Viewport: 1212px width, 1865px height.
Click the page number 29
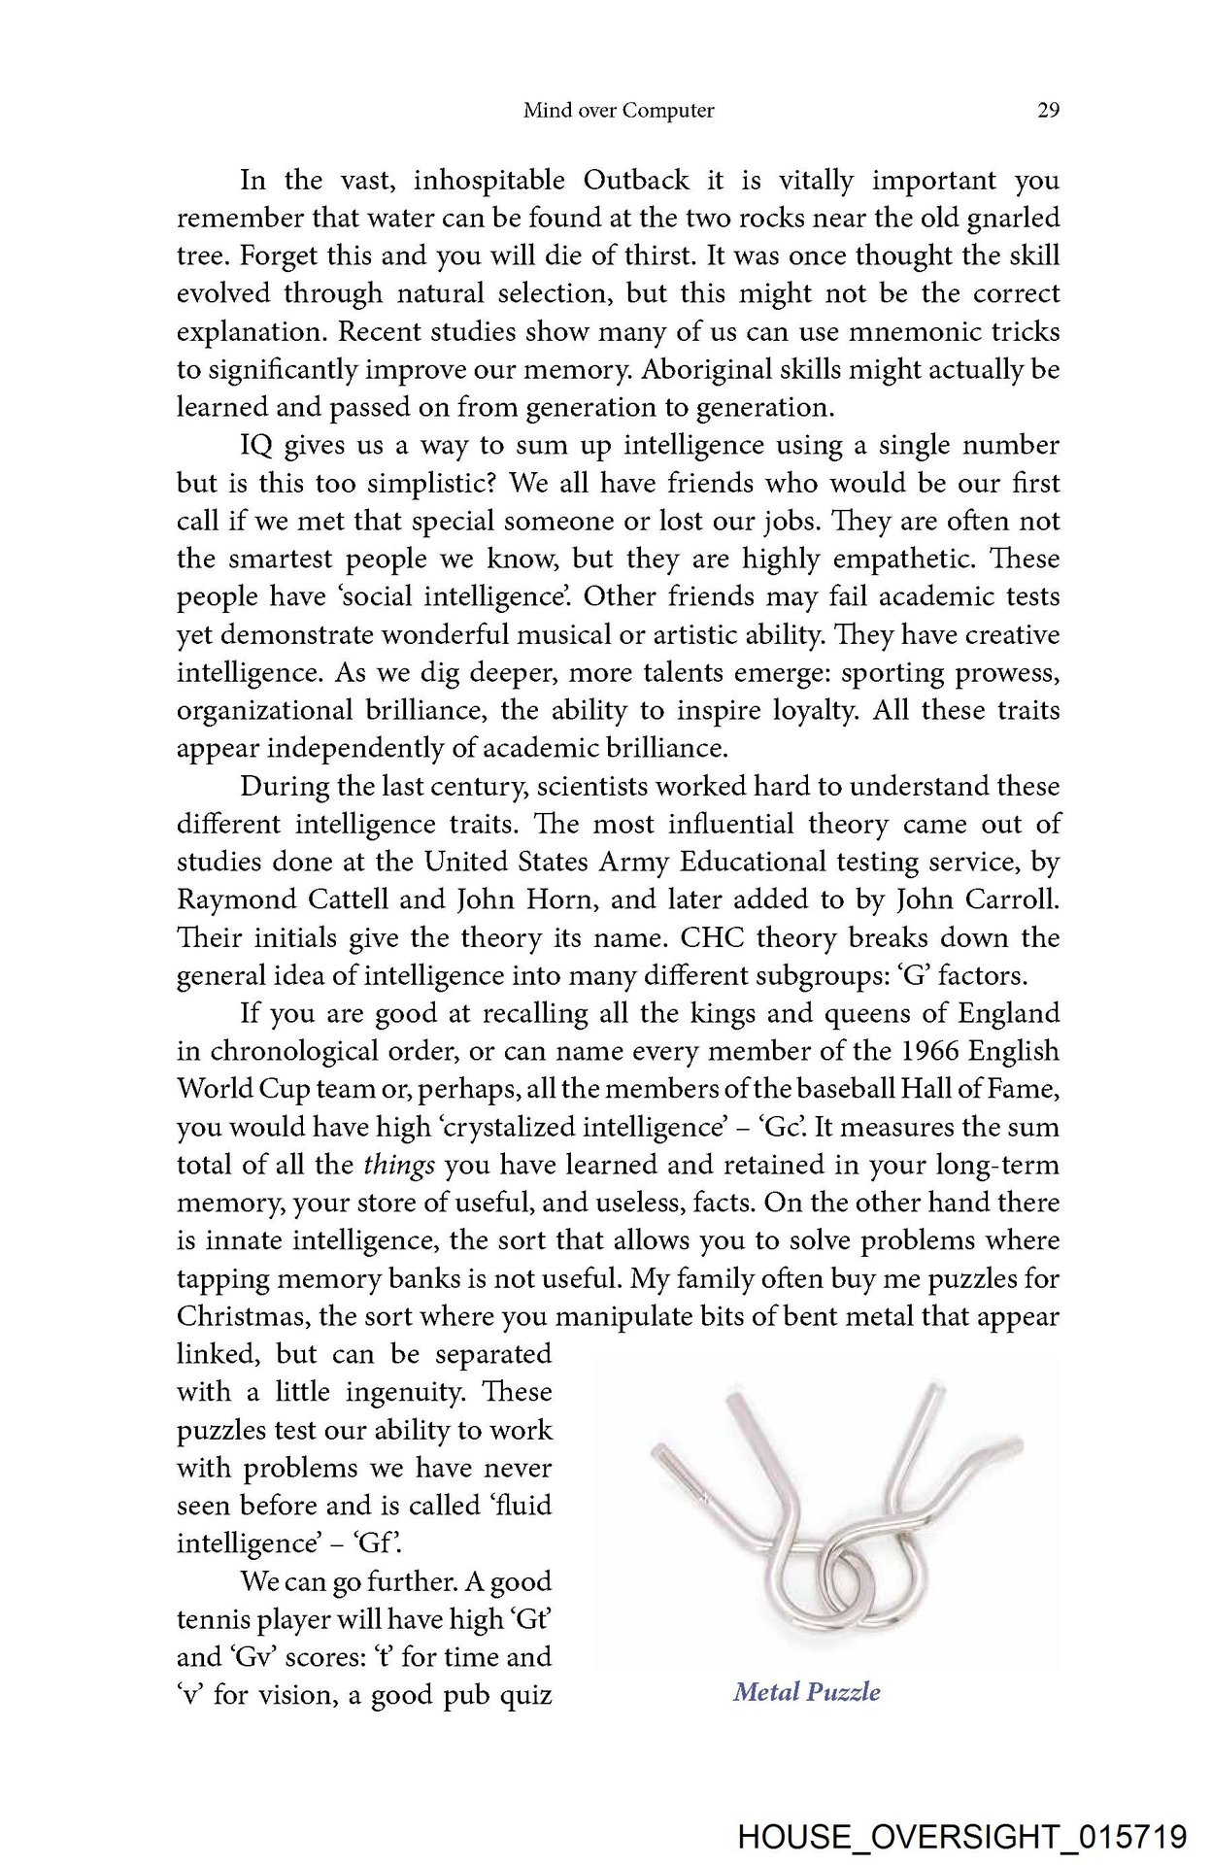click(x=1048, y=111)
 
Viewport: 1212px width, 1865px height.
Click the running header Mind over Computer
click(x=619, y=111)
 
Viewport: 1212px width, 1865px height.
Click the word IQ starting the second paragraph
click(x=256, y=445)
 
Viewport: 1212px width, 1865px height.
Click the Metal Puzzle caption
click(x=806, y=1692)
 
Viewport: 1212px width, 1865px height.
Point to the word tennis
click(x=209, y=1619)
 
